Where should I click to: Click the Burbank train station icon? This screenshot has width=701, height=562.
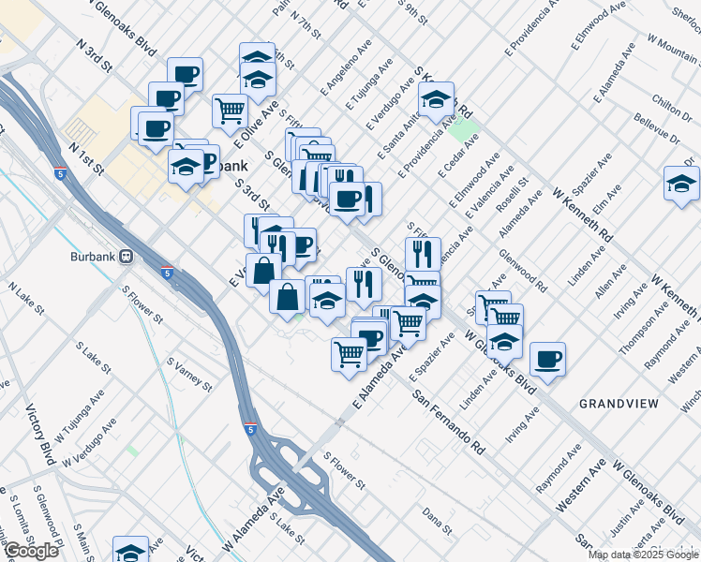(124, 256)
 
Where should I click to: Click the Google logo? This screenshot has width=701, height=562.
(31, 551)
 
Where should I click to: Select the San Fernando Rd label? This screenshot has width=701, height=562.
(447, 421)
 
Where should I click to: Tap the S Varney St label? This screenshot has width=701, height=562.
(190, 373)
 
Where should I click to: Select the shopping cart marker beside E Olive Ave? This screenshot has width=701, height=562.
(230, 110)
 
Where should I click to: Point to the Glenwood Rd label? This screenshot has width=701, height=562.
(548, 267)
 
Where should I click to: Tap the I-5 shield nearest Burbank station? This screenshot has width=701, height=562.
(166, 274)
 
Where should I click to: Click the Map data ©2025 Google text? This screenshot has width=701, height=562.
(643, 555)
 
